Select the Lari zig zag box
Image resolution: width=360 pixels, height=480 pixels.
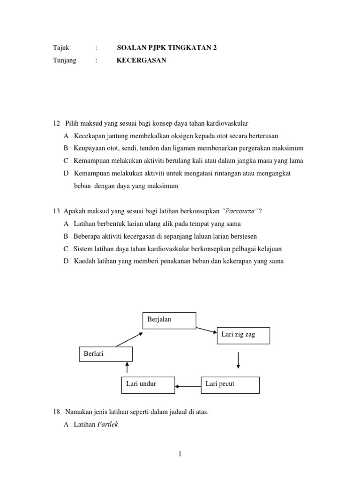(243, 336)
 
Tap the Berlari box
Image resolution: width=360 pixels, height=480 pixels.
(105, 354)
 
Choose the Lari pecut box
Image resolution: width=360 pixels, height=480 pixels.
(230, 384)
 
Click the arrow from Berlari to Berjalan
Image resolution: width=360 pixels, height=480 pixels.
(130, 339)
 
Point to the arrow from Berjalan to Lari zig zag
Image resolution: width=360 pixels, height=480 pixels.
(207, 330)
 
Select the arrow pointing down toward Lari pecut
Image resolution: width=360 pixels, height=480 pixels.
(239, 360)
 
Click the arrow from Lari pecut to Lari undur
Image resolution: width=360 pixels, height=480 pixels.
(187, 387)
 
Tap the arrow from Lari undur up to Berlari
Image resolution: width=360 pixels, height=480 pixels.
(127, 367)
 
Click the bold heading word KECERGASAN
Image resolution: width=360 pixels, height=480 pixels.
(141, 60)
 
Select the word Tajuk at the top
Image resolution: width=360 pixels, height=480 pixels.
(60, 48)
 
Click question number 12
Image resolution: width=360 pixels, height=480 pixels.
(57, 123)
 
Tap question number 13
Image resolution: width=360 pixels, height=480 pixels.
(57, 211)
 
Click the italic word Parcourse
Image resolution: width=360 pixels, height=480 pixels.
(241, 211)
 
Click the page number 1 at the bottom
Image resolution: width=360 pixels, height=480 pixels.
(180, 454)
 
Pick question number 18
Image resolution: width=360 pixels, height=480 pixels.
(57, 412)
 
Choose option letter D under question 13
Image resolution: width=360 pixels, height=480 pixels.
(66, 261)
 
